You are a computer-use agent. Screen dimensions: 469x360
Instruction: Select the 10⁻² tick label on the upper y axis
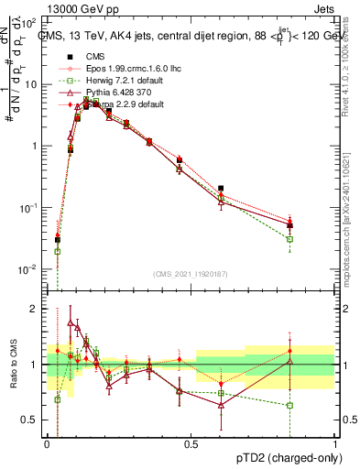coord(29,269)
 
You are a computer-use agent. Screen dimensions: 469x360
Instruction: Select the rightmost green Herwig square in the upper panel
coord(289,239)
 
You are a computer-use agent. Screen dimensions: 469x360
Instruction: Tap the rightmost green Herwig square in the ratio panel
coord(289,405)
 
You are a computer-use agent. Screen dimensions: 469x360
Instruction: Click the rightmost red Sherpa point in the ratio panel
coord(289,351)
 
